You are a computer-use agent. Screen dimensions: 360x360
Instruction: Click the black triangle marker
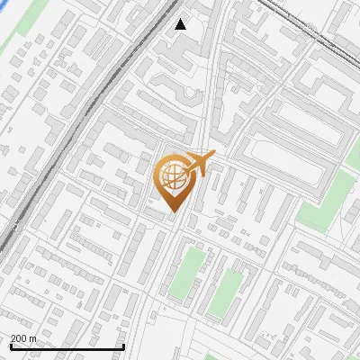[x=181, y=24]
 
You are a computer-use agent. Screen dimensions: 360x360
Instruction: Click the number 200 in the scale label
[x=20, y=338]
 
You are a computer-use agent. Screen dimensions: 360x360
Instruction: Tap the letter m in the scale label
[x=33, y=338]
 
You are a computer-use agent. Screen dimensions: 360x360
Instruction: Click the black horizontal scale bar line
[x=67, y=346]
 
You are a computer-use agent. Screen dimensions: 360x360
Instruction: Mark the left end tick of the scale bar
[x=10, y=345]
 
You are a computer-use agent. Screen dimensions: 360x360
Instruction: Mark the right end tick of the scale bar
[x=123, y=345]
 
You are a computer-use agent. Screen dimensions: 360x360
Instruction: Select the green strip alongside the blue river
[x=30, y=20]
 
